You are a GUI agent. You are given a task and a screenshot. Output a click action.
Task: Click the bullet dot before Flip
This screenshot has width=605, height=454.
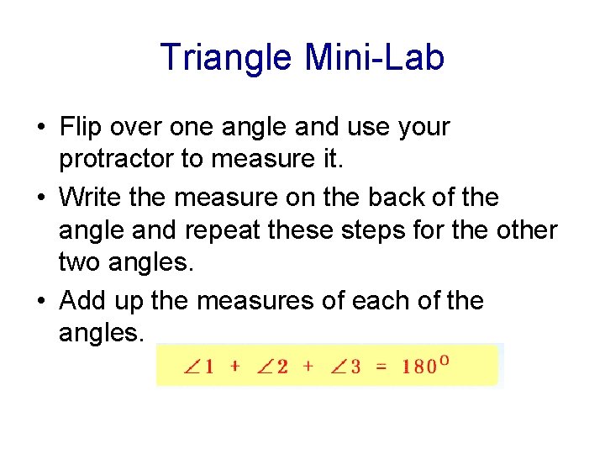40,129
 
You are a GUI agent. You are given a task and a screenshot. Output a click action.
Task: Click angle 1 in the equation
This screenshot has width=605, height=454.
201,367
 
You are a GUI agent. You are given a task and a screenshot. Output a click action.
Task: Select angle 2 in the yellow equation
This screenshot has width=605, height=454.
273,367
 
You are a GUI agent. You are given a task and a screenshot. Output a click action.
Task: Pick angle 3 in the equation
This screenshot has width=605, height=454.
346,367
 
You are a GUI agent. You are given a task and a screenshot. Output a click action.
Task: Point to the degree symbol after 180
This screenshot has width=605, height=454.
445,360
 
